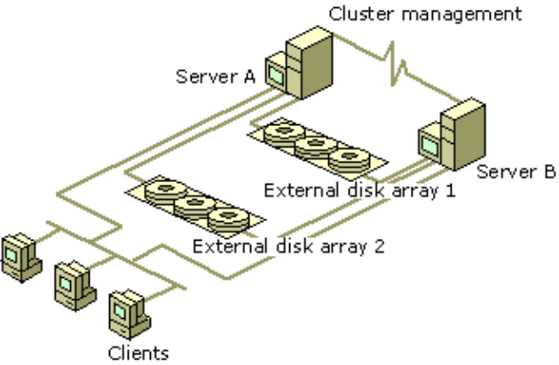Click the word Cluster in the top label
pyautogui.click(x=355, y=13)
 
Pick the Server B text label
pyautogui.click(x=510, y=171)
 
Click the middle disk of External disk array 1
pyautogui.click(x=315, y=147)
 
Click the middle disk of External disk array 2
pyautogui.click(x=193, y=203)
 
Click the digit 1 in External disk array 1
pyautogui.click(x=451, y=191)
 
